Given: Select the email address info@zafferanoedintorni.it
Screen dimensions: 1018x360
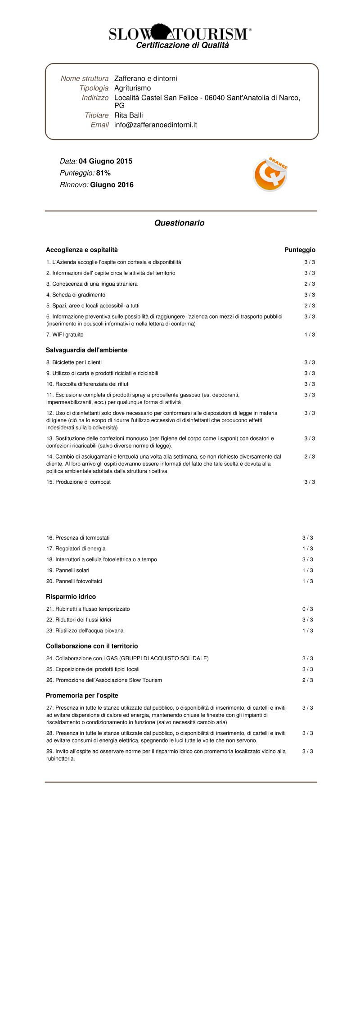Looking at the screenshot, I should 156,125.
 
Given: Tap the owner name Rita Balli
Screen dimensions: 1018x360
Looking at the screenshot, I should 128,115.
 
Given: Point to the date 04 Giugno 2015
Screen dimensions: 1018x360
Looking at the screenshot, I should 105,161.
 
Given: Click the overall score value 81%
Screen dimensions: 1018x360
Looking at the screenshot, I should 103,173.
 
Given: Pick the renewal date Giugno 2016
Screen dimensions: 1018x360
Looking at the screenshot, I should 112,185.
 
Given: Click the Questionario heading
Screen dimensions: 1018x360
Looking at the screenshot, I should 179,223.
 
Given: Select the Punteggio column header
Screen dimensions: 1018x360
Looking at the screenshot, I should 300,250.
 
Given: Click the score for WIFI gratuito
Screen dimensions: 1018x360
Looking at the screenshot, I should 309,334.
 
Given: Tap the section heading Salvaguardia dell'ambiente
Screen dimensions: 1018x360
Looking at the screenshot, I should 86,350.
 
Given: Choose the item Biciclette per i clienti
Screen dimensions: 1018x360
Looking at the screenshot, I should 74,362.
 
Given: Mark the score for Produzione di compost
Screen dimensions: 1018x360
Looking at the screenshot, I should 309,482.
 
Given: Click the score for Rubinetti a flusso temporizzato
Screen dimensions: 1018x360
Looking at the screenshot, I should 307,609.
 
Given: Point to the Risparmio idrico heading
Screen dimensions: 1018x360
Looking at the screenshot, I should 71,596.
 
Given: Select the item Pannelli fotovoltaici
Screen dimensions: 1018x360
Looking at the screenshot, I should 74,581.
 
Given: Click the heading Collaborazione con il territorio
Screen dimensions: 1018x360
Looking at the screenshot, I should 92,646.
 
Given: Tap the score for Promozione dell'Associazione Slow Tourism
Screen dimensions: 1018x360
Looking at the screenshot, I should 307,680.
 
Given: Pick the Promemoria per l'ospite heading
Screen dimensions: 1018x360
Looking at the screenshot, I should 82,695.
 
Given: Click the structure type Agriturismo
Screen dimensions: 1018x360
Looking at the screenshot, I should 132,88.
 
